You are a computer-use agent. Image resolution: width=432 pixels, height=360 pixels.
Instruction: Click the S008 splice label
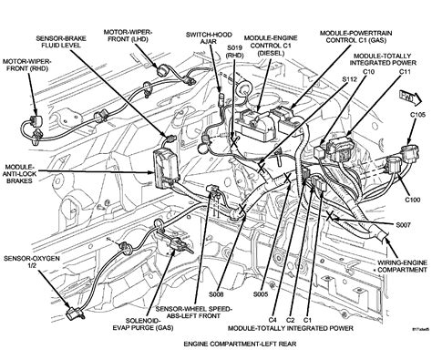click(216, 295)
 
